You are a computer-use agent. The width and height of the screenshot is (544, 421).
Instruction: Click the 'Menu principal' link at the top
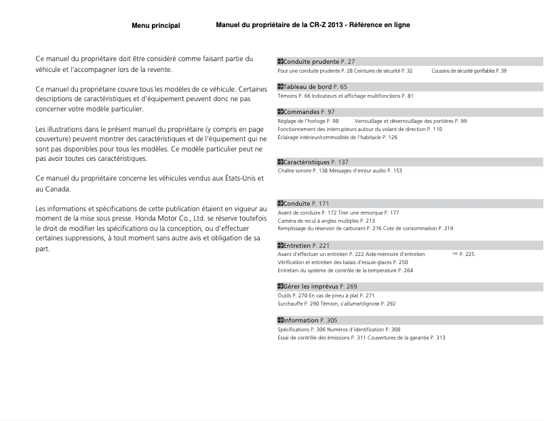[155, 26]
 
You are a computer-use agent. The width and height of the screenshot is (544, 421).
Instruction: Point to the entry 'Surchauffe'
[292, 304]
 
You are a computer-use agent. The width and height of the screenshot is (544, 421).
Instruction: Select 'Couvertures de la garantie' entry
[395, 337]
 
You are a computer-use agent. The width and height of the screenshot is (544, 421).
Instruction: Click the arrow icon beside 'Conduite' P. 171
[281, 204]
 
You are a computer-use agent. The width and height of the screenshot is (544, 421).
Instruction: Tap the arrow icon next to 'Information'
[281, 320]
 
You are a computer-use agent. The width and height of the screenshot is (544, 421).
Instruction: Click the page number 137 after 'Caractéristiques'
[343, 162]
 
